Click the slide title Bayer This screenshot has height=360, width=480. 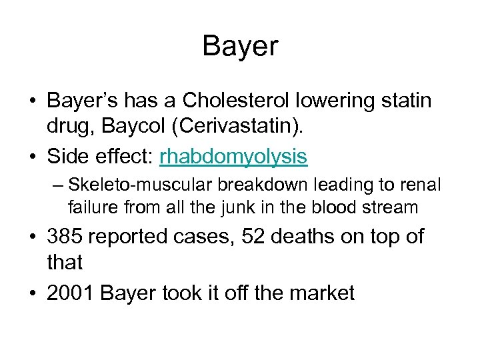(240, 47)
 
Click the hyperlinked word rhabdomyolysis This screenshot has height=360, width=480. (233, 157)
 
